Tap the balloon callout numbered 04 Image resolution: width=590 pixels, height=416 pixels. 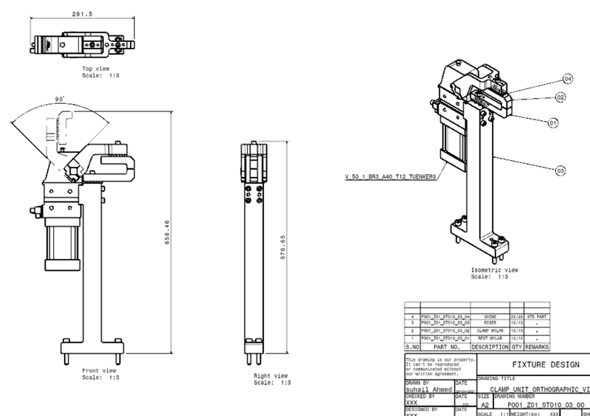click(568, 78)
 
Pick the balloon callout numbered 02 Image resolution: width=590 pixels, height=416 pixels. click(560, 97)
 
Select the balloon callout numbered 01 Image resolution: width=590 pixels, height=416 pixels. click(552, 123)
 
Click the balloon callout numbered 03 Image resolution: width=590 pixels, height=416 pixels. click(560, 170)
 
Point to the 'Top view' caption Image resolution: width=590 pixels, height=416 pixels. click(97, 68)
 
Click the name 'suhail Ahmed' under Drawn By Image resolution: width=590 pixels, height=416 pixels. click(429, 389)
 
